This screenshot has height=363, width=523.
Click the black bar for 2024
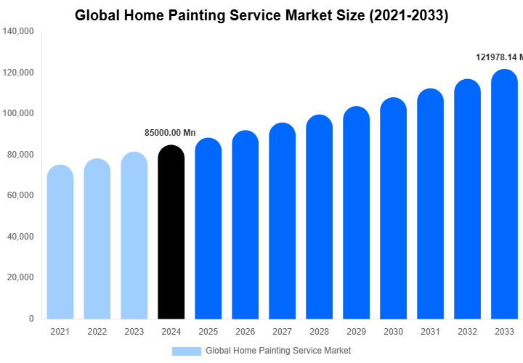171,232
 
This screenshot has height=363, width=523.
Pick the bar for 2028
319,217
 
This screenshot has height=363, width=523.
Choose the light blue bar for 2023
134,235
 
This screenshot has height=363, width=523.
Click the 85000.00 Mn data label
171,133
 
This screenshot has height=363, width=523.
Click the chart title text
261,15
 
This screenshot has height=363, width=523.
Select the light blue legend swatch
186,351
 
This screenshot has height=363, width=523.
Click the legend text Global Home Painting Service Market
278,351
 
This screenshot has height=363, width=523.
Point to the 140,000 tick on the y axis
19,32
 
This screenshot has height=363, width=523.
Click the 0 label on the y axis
31,319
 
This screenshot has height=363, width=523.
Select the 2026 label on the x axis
245,332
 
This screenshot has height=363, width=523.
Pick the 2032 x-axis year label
467,332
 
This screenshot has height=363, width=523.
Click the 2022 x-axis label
97,332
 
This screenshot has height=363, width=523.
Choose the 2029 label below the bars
356,332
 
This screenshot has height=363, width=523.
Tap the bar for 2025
208,229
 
